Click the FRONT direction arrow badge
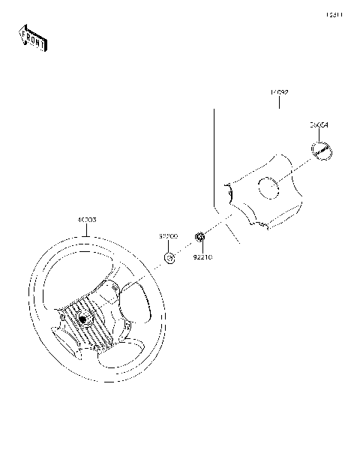[x=32, y=37]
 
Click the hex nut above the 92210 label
[x=200, y=238]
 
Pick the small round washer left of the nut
[x=170, y=259]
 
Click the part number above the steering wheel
[x=86, y=220]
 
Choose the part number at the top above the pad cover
[x=280, y=92]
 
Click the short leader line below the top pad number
[x=280, y=103]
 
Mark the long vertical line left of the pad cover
[x=215, y=157]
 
